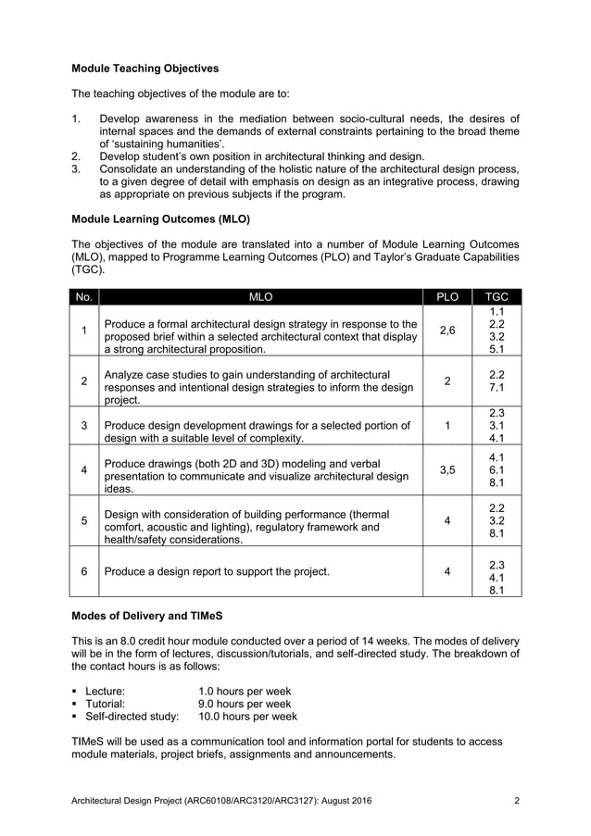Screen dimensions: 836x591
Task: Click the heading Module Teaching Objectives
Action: pyautogui.click(x=145, y=69)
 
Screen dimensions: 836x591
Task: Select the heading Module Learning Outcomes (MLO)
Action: pyautogui.click(x=155, y=219)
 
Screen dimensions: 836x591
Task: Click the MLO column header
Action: pyautogui.click(x=260, y=297)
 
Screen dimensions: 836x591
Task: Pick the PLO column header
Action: pyautogui.click(x=447, y=297)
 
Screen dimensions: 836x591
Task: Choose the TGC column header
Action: pyautogui.click(x=496, y=297)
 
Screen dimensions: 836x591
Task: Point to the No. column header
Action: pyautogui.click(x=83, y=297)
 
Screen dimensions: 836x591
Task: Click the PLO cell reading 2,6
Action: pyautogui.click(x=447, y=331)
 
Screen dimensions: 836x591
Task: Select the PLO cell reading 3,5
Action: pyautogui.click(x=447, y=469)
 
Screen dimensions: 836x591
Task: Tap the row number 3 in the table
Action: pyautogui.click(x=83, y=425)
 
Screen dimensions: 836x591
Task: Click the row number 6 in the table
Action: pyautogui.click(x=83, y=571)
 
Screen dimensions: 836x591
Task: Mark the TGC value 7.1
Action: pyautogui.click(x=496, y=386)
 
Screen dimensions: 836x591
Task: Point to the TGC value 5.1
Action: pyautogui.click(x=496, y=350)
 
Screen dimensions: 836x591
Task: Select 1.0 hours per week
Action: pyautogui.click(x=245, y=691)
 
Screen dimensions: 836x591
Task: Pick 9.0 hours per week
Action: pyautogui.click(x=245, y=704)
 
